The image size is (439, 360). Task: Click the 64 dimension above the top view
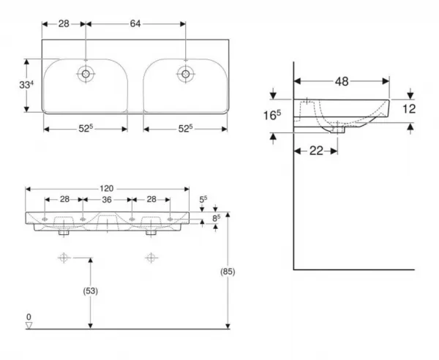tap(135, 24)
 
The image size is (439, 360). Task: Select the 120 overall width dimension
tap(107, 189)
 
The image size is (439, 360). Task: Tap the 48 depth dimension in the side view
tap(342, 81)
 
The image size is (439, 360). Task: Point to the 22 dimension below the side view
tap(316, 151)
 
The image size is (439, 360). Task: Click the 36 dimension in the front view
tap(107, 200)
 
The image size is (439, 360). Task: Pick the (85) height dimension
tap(228, 271)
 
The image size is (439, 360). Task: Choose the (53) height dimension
tap(91, 291)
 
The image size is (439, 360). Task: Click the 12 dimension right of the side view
tap(409, 109)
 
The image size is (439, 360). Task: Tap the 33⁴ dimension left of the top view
tap(26, 85)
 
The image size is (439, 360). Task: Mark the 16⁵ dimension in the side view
tap(272, 115)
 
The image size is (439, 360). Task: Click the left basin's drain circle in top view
tap(86, 74)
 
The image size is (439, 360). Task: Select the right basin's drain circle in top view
tap(185, 74)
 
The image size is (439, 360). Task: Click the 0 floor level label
tap(29, 317)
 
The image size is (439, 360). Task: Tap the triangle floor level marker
tap(29, 326)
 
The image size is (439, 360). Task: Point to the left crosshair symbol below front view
tap(64, 258)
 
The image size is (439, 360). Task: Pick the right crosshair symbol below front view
tap(151, 258)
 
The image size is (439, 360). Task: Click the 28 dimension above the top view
tap(64, 24)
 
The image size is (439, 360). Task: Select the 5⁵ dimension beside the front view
tap(203, 199)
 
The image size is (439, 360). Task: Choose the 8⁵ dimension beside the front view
tap(216, 218)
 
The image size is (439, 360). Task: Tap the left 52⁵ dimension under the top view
tap(86, 129)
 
